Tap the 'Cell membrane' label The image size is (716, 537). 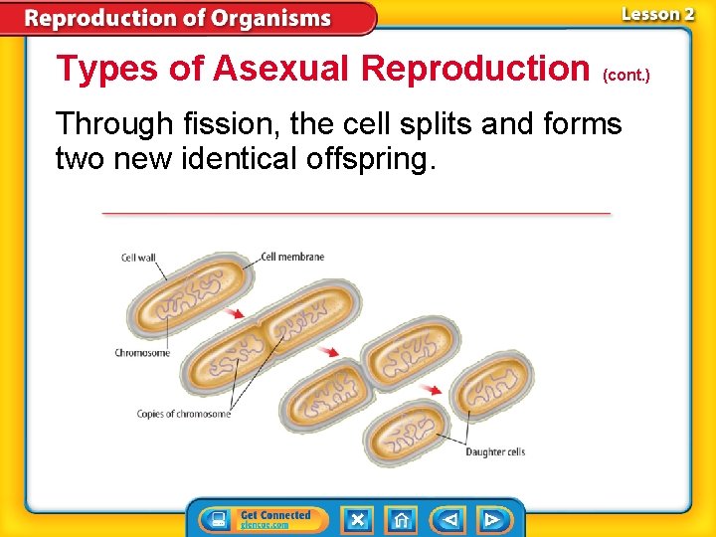coord(292,257)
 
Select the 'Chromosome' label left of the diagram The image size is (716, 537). coord(142,353)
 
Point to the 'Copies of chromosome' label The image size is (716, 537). coord(184,414)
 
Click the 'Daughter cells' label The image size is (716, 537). coord(495,452)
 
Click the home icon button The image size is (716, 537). coord(402,520)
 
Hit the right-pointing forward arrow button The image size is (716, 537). coord(491,520)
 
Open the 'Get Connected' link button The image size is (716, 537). coord(275,519)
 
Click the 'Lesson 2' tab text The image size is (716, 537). coord(656,14)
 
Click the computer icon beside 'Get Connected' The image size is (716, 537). coord(215,520)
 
